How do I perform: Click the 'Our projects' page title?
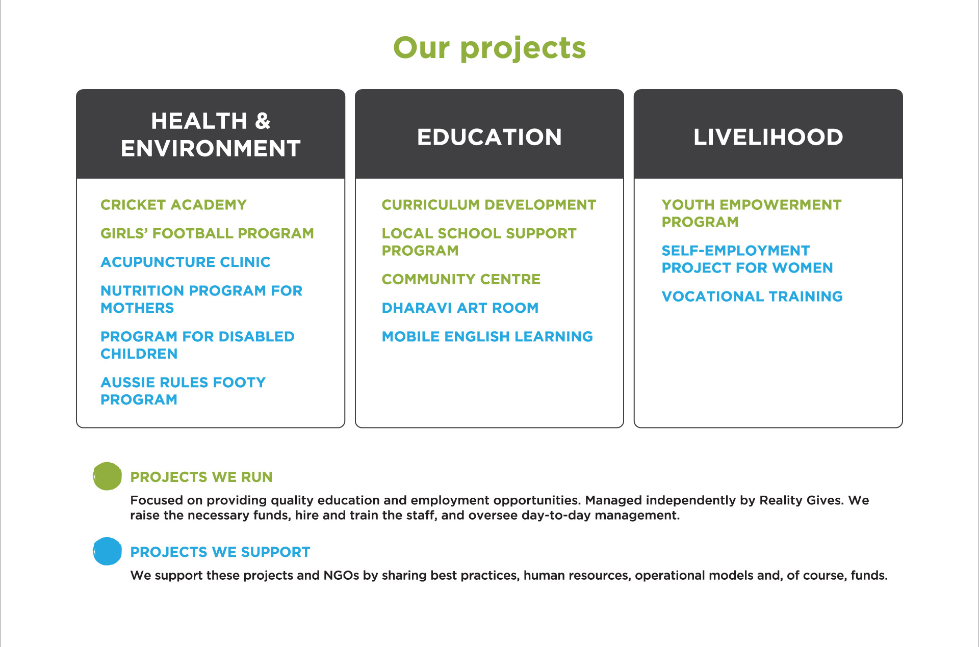click(x=489, y=48)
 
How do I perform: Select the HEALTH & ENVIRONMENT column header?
click(x=211, y=134)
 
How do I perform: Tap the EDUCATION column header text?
click(x=489, y=137)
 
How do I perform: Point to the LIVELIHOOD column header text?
click(x=768, y=137)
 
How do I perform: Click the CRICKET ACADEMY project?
click(x=173, y=205)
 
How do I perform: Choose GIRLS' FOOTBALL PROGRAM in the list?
click(x=207, y=233)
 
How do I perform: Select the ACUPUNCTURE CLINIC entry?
click(x=186, y=262)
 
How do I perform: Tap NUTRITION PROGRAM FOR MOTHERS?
click(x=201, y=299)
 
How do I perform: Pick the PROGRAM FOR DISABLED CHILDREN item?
click(x=197, y=345)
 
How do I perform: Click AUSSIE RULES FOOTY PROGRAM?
click(x=183, y=391)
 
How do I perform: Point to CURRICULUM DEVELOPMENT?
click(x=489, y=205)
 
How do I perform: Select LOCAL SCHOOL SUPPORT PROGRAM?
click(x=479, y=242)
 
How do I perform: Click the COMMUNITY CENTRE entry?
click(x=461, y=279)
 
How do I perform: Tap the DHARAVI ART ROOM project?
click(x=460, y=308)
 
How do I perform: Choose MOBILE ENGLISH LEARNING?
click(x=487, y=336)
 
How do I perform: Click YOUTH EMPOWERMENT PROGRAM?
click(x=752, y=213)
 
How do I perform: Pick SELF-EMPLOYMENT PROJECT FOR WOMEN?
click(x=747, y=259)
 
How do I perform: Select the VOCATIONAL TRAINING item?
click(x=752, y=296)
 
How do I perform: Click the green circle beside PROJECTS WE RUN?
click(x=107, y=476)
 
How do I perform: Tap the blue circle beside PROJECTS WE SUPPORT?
click(x=107, y=551)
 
